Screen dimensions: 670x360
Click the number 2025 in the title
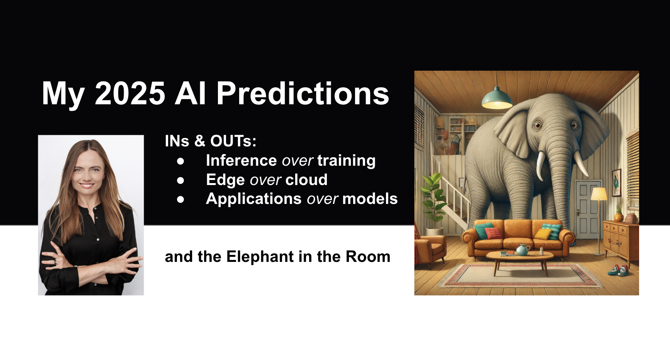[130, 93]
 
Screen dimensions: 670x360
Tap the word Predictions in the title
[303, 93]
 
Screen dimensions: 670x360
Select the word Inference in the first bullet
[241, 160]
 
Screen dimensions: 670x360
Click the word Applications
[253, 199]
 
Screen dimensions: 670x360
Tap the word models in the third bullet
[370, 199]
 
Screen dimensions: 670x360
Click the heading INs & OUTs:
[211, 141]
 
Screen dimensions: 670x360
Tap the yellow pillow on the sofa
[543, 234]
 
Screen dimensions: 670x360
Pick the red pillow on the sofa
[493, 233]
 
